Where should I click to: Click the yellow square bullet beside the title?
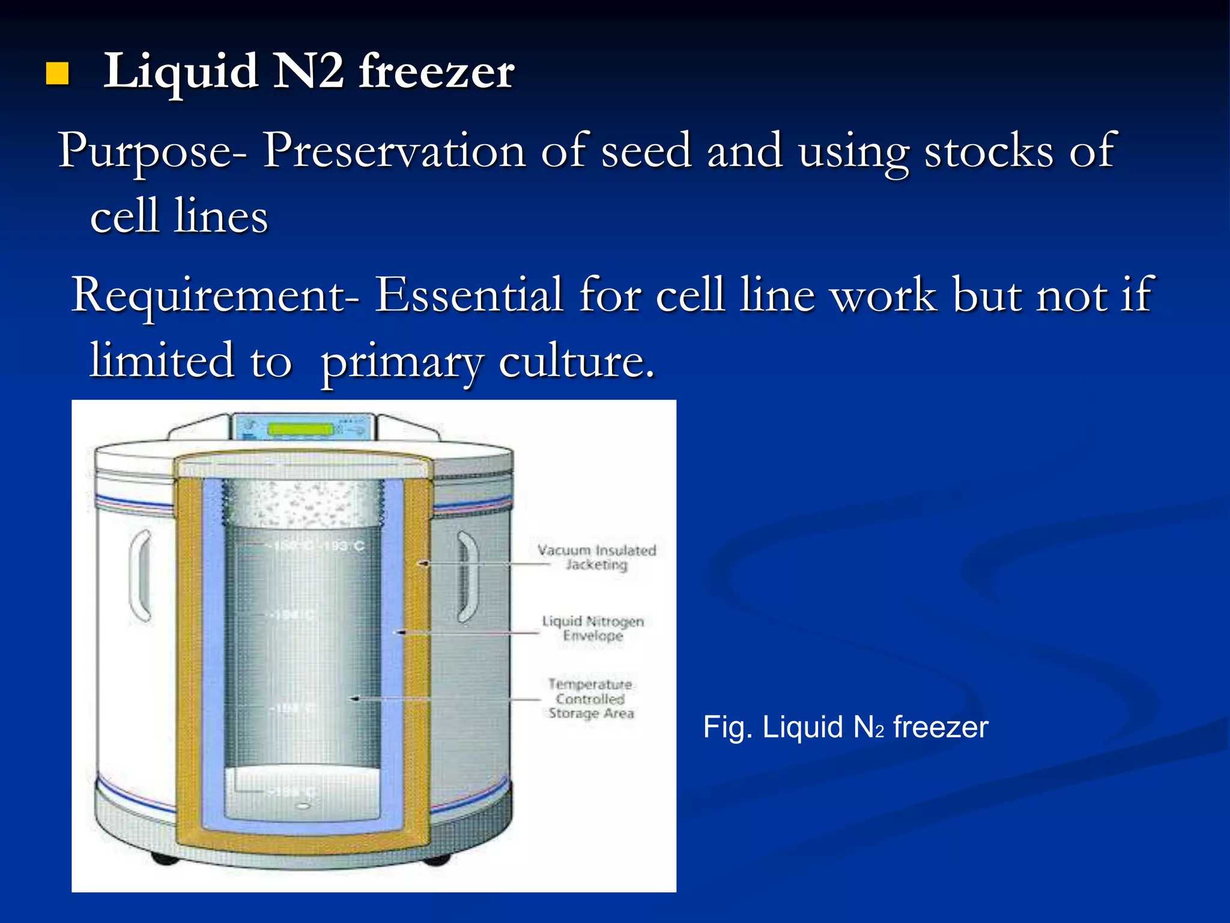(58, 74)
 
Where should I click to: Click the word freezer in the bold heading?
(436, 72)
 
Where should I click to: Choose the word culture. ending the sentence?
(576, 362)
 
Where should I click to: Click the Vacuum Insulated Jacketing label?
(596, 557)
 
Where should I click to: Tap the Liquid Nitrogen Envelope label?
(593, 628)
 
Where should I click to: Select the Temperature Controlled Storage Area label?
(591, 698)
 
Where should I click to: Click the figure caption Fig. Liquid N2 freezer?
(845, 727)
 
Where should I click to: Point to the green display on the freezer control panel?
(300, 429)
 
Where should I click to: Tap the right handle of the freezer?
(468, 576)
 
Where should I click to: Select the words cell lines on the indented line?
(179, 216)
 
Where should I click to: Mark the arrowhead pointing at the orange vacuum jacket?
(423, 564)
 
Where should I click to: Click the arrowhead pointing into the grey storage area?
(354, 698)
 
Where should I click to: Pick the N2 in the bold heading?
(309, 72)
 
